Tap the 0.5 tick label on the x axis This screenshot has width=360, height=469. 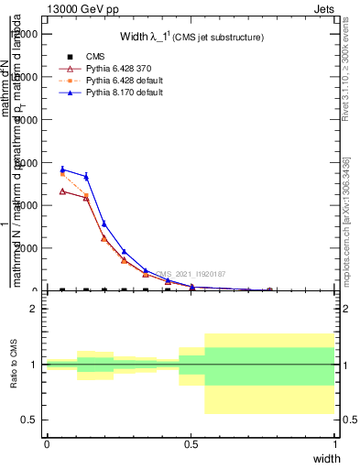(191, 443)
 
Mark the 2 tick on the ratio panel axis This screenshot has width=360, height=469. (34, 309)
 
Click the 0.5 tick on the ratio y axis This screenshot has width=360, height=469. (30, 420)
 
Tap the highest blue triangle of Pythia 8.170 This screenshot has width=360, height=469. (62, 169)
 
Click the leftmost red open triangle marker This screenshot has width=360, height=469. (62, 191)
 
